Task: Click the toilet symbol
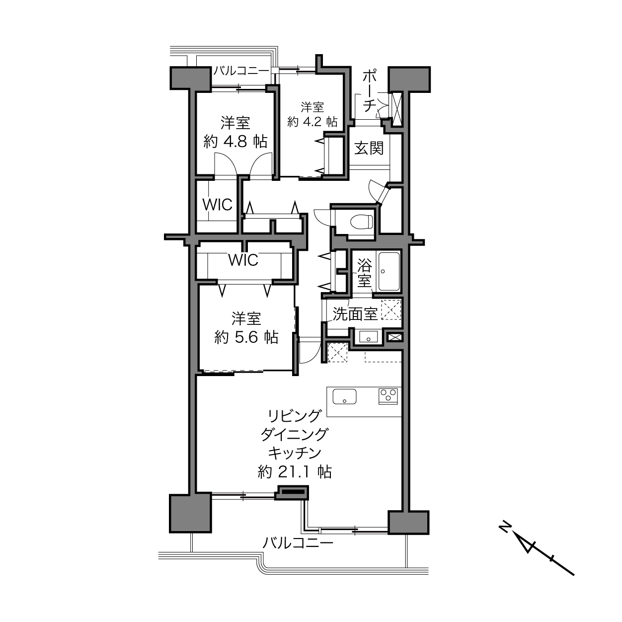pyautogui.click(x=362, y=222)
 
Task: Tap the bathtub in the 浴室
pyautogui.click(x=389, y=272)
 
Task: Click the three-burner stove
pyautogui.click(x=389, y=396)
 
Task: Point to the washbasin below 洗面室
pyautogui.click(x=368, y=337)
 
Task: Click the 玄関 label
pyautogui.click(x=369, y=149)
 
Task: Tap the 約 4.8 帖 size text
pyautogui.click(x=235, y=141)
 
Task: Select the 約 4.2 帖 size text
pyautogui.click(x=312, y=122)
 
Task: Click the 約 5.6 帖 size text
pyautogui.click(x=246, y=337)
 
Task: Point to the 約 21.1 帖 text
pyautogui.click(x=295, y=473)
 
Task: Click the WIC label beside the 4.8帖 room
pyautogui.click(x=218, y=204)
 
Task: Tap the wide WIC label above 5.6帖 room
pyautogui.click(x=244, y=260)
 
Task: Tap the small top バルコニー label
pyautogui.click(x=241, y=71)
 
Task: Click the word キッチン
pyautogui.click(x=295, y=454)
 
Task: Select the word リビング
pyautogui.click(x=295, y=416)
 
